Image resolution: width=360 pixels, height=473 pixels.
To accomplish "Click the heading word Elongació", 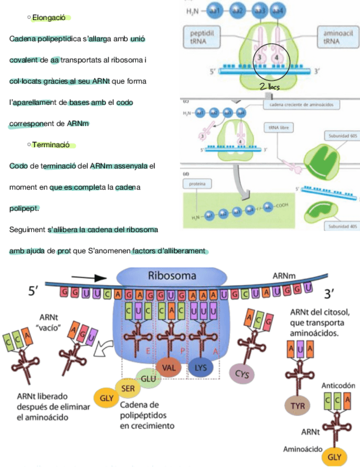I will tap(49, 17).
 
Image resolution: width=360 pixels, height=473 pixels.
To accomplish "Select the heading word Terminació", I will tap(51, 144).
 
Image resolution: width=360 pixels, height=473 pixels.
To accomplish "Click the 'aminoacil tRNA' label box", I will tap(334, 37).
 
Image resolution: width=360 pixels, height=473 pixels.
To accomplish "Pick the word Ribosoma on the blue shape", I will tap(172, 276).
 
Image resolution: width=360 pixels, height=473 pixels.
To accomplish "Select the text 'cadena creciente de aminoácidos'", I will tap(301, 104).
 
